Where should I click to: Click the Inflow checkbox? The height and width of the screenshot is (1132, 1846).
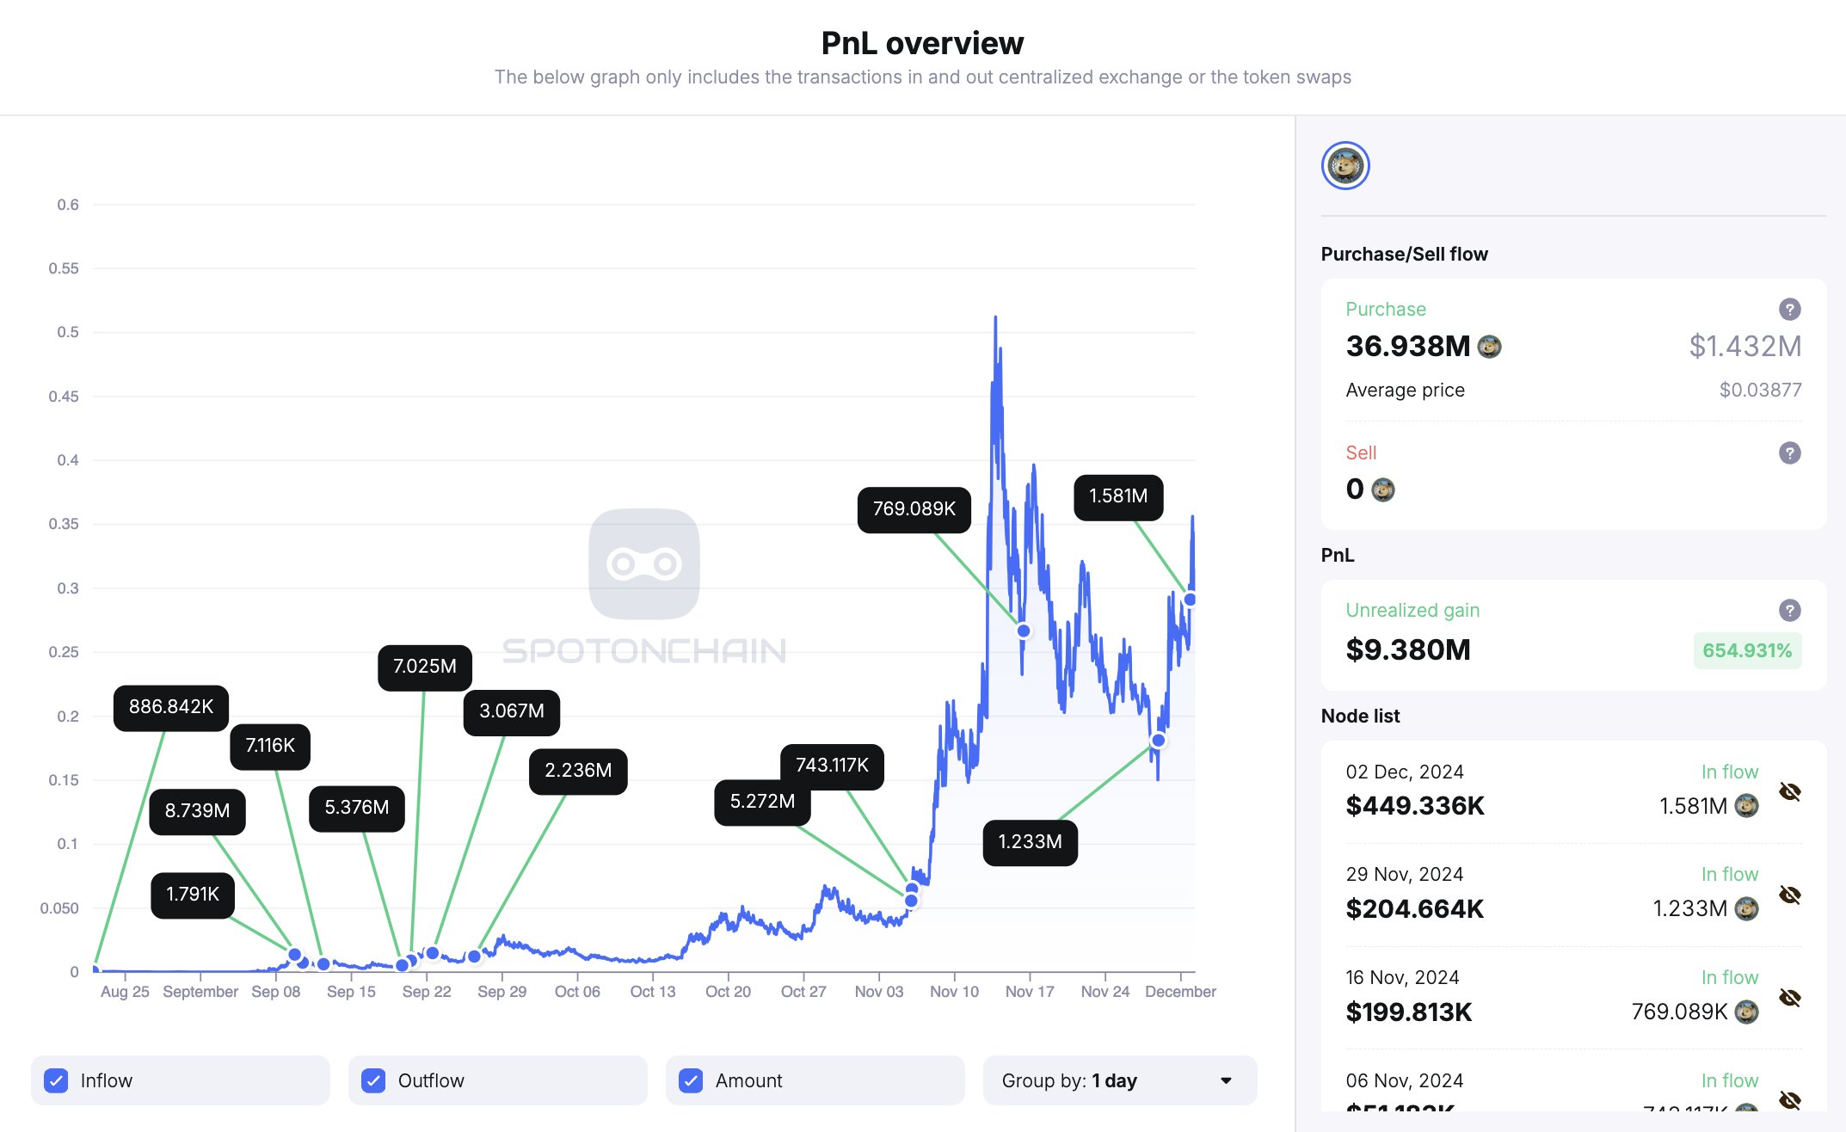[x=56, y=1080]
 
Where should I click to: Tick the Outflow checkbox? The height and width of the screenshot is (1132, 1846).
[x=373, y=1080]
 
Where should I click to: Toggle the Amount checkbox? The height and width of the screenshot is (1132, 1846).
[x=691, y=1080]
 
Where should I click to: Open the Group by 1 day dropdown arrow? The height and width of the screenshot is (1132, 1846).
[x=1226, y=1080]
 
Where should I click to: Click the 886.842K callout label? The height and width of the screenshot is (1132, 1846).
[x=171, y=707]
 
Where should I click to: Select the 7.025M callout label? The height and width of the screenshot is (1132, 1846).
[x=425, y=667]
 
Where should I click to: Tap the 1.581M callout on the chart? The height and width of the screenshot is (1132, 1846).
[x=1118, y=496]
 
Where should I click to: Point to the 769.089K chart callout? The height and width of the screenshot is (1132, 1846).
[x=914, y=509]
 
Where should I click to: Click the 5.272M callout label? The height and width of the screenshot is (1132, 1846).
[x=762, y=802]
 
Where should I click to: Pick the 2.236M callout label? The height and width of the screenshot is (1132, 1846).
[x=578, y=771]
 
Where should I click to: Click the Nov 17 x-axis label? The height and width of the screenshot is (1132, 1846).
[x=1030, y=992]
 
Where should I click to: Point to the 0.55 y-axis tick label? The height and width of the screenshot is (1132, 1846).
[x=64, y=268]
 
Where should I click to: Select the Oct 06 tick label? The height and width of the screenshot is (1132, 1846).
[x=577, y=992]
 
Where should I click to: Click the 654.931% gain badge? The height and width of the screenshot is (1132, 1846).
[x=1747, y=650]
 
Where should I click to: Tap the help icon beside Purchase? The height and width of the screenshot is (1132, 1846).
[x=1789, y=309]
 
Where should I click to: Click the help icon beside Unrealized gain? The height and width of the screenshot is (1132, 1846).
[x=1789, y=610]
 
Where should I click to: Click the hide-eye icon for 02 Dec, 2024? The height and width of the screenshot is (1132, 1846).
[x=1789, y=791]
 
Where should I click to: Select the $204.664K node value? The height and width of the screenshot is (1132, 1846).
[x=1415, y=908]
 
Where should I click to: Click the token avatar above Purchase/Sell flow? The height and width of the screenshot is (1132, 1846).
[x=1345, y=165]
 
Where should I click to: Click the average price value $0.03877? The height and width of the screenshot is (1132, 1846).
[x=1760, y=390]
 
